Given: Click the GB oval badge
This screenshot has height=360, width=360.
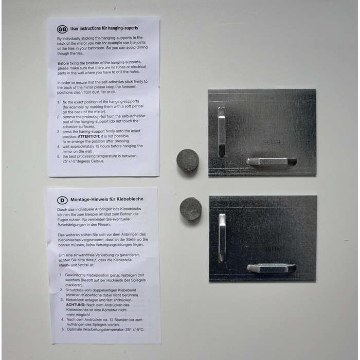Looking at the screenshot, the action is (62, 29).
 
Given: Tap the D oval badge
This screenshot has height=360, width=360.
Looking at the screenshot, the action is (62, 200).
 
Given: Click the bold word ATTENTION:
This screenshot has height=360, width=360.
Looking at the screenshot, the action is (89, 136).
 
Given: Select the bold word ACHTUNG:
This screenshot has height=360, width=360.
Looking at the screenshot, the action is (76, 305).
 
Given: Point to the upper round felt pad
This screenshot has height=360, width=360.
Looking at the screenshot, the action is (188, 160).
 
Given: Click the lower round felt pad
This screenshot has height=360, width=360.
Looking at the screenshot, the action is (191, 208).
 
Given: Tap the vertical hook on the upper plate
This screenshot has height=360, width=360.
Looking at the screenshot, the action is (221, 132).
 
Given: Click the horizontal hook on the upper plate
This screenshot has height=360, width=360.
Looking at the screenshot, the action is (272, 161).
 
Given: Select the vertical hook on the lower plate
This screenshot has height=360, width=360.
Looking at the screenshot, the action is (222, 238).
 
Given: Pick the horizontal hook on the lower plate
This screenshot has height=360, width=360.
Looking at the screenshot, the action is (272, 268).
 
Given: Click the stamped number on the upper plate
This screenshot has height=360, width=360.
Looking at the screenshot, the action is (272, 142).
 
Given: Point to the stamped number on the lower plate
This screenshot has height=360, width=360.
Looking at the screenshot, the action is (272, 248).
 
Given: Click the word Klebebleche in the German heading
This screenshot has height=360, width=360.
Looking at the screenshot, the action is (130, 199).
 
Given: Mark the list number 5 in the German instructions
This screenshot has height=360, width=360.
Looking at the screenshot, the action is (62, 329).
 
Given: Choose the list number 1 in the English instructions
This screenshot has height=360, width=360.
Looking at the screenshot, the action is (59, 102).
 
